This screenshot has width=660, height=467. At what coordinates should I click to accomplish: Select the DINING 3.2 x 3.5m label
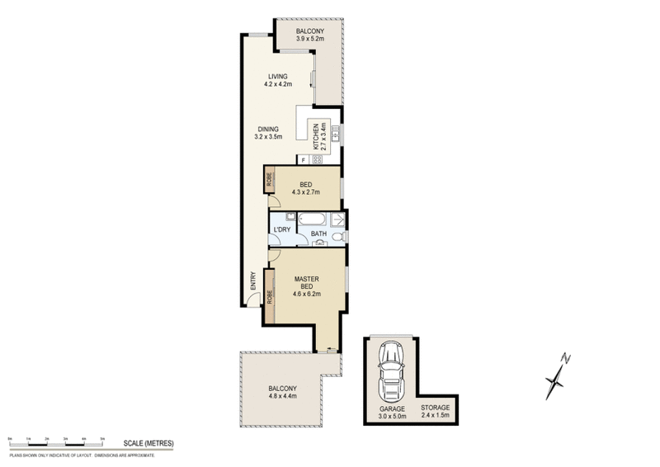tap(269, 133)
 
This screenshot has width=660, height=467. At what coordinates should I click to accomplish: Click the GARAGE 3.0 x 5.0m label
tap(391, 410)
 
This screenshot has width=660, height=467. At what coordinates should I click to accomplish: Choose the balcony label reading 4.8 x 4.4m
tap(282, 393)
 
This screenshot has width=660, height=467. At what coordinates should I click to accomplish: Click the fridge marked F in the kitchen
tap(303, 159)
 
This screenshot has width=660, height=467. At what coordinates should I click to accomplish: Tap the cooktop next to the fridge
tap(318, 159)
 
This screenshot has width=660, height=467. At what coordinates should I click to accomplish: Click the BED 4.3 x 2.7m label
tap(305, 188)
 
